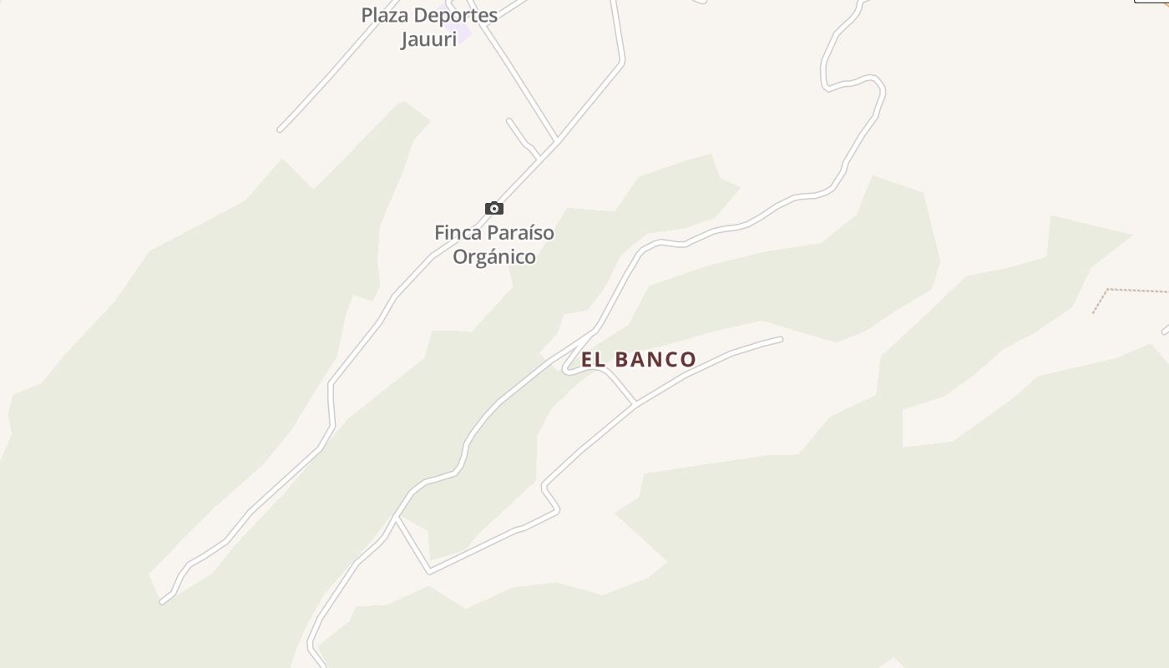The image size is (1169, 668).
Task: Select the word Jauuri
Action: coord(428,39)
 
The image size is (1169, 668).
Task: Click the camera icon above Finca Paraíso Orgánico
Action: coord(494,208)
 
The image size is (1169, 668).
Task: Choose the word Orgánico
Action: coord(494,257)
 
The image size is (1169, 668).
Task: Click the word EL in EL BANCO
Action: coord(593,360)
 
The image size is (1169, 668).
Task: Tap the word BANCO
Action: coord(655,360)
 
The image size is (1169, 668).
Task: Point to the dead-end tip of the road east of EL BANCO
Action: coord(780,339)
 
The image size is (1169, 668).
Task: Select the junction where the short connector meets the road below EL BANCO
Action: coord(635,402)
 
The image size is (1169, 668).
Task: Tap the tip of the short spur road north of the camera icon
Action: coord(509,121)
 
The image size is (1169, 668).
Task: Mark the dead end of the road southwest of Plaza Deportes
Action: coord(281,129)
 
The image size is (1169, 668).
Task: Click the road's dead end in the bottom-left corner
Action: coord(163,600)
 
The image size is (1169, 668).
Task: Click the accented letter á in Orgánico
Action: coord(490,256)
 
